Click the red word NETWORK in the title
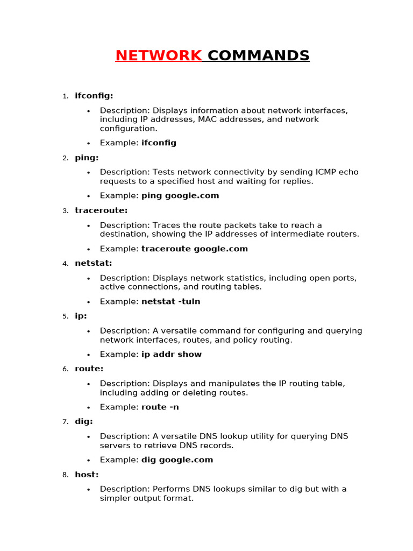click(x=159, y=55)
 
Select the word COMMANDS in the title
click(x=259, y=55)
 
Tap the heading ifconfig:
click(x=94, y=96)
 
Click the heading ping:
click(x=87, y=158)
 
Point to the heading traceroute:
click(x=101, y=210)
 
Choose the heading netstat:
click(x=94, y=263)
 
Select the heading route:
click(x=89, y=369)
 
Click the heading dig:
click(x=84, y=421)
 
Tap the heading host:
click(x=87, y=475)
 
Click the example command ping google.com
click(x=180, y=196)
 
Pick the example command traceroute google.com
click(x=195, y=249)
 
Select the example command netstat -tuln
click(x=170, y=301)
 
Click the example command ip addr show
click(x=172, y=354)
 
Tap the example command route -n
click(x=160, y=407)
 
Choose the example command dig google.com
click(x=177, y=460)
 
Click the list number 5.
click(x=65, y=316)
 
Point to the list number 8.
click(x=65, y=475)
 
